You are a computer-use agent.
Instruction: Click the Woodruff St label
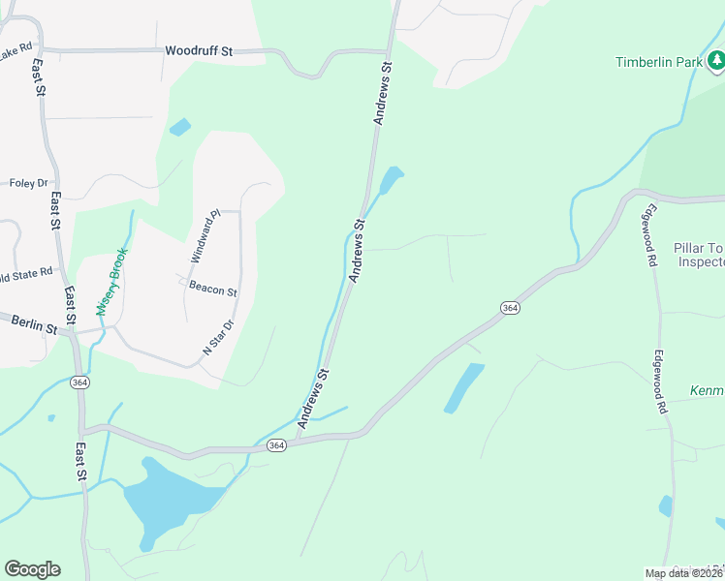click(x=200, y=50)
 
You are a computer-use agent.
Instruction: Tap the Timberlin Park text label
click(x=658, y=62)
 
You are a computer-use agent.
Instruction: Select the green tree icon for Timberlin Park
click(x=715, y=62)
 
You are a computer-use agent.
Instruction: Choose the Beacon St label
click(x=213, y=290)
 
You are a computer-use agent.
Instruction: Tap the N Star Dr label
click(x=218, y=337)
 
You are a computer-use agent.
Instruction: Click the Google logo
click(x=32, y=568)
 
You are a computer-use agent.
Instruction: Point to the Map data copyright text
click(x=684, y=573)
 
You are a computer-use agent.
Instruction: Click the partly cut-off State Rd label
click(x=25, y=274)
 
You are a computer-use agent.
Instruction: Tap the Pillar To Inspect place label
click(x=699, y=255)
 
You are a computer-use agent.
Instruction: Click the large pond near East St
click(x=170, y=499)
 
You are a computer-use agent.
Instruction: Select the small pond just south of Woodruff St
click(x=179, y=127)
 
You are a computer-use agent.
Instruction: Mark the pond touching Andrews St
click(x=391, y=179)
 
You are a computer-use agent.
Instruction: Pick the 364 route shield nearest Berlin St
click(x=79, y=382)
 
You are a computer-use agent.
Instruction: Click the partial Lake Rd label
click(x=16, y=46)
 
